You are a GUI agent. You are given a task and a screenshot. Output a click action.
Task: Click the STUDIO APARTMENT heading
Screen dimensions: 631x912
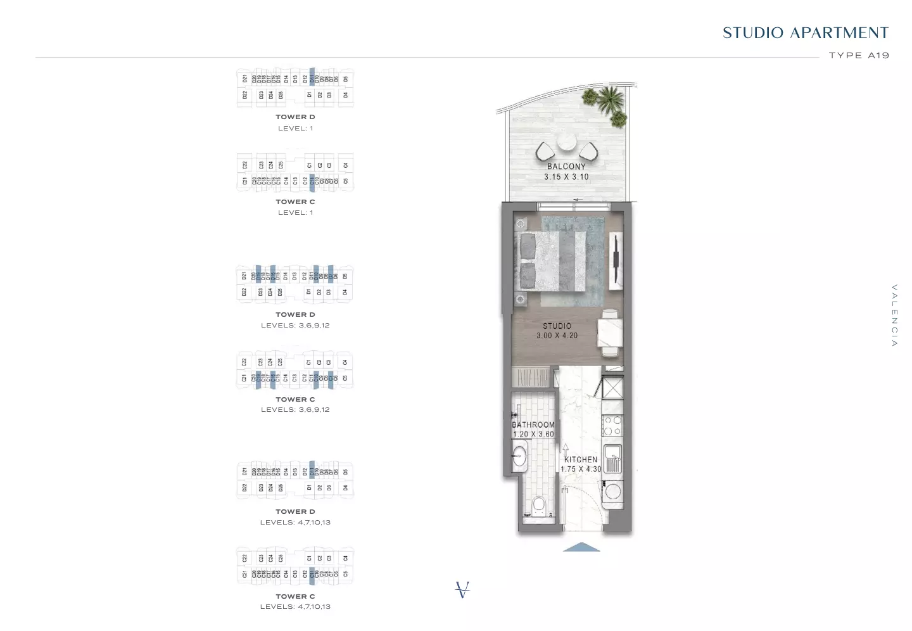coord(805,33)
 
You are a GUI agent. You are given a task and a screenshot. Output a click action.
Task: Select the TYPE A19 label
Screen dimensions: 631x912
coord(859,56)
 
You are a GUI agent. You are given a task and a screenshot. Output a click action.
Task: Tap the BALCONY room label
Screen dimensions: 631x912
coord(566,167)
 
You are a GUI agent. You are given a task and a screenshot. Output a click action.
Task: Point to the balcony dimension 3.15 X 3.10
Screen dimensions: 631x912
coord(566,177)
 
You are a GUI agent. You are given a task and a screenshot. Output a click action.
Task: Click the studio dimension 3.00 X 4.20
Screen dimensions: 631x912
coord(557,336)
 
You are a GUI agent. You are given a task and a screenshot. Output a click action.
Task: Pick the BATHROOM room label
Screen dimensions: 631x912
coord(533,424)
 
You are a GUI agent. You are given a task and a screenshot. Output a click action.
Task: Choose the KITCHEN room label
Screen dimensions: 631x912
coord(581,459)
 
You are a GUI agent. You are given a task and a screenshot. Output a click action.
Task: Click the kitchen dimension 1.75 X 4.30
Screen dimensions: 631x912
coord(581,469)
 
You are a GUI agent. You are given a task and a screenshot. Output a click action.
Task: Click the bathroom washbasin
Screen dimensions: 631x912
coord(519,456)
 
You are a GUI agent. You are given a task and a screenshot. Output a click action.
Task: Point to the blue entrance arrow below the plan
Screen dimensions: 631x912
coord(581,547)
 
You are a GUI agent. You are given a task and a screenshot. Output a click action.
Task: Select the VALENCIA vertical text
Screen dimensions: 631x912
coord(894,315)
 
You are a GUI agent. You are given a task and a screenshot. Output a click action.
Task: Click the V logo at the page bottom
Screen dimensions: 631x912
coord(463,590)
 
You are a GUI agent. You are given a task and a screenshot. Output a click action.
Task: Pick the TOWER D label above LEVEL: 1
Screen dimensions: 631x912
coord(295,117)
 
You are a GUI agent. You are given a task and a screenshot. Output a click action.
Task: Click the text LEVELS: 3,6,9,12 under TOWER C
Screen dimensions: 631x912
coord(295,410)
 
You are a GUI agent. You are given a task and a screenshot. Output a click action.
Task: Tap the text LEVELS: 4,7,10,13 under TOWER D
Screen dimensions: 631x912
coord(295,523)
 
